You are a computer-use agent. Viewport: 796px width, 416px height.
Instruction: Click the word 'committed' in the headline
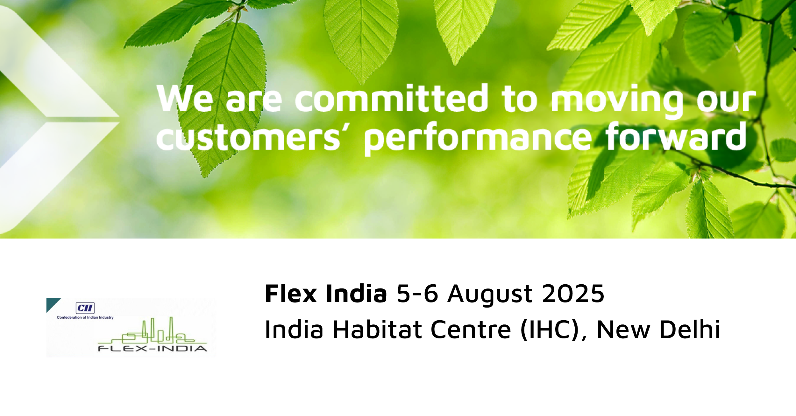pos(391,98)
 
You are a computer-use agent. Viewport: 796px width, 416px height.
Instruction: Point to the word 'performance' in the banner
pos(478,139)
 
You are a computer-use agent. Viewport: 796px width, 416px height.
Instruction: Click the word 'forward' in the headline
pos(676,136)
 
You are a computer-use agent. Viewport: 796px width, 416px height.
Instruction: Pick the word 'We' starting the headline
pos(185,99)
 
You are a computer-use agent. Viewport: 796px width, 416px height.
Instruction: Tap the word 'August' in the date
pos(490,295)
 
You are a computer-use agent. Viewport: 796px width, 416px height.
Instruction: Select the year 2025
pos(573,293)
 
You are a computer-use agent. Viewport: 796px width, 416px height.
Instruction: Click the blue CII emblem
pos(85,308)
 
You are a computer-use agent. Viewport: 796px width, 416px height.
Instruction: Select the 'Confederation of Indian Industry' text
pos(85,317)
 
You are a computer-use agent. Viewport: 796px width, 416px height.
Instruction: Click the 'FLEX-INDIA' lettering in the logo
pos(153,349)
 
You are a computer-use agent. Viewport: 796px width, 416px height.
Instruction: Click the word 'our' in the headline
pos(726,101)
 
